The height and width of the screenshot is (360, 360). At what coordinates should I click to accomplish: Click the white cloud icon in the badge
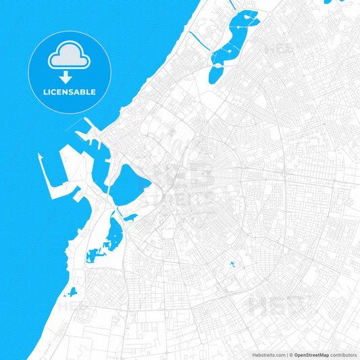pos(70,57)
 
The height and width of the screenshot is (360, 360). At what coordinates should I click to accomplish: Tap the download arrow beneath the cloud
pos(70,78)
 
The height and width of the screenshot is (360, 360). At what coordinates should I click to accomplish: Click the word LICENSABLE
pos(70,92)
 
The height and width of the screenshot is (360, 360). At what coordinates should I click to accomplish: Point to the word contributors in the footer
pos(342,354)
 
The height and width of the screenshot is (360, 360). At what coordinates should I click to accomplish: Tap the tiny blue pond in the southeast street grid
pos(231,263)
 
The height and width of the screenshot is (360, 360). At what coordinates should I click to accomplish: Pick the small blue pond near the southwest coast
pos(71,292)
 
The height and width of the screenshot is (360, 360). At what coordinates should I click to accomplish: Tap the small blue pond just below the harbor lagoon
pos(130,217)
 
